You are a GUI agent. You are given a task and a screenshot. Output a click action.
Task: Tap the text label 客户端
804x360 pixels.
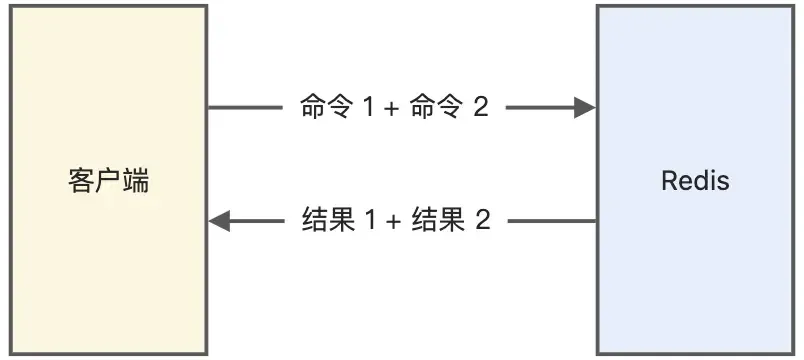[x=109, y=182]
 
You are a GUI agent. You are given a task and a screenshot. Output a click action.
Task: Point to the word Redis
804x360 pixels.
[x=695, y=182]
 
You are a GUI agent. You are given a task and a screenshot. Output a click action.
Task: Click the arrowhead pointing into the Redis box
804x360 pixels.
[x=585, y=108]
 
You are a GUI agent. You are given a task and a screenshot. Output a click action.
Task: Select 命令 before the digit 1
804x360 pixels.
[x=324, y=108]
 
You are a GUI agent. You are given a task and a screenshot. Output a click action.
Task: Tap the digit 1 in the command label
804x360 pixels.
[x=366, y=108]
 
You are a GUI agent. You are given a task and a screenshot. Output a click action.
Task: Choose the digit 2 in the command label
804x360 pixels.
[x=480, y=108]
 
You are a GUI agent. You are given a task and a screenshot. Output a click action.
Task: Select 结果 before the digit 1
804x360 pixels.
[x=325, y=221]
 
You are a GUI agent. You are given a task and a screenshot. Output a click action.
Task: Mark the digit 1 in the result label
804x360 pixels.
[x=367, y=221]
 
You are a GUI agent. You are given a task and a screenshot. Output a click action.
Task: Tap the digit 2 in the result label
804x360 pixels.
[x=482, y=221]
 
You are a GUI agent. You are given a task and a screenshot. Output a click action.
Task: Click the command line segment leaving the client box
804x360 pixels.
[x=245, y=108]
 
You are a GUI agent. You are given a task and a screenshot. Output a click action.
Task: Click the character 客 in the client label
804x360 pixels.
[x=81, y=182]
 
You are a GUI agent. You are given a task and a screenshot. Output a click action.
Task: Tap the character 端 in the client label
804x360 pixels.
[x=137, y=182]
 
